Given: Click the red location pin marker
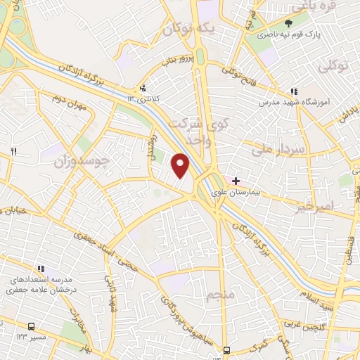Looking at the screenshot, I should point(181,165).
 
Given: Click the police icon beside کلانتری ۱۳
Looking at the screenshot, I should point(143,89).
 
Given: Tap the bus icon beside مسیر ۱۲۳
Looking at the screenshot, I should point(32,327).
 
